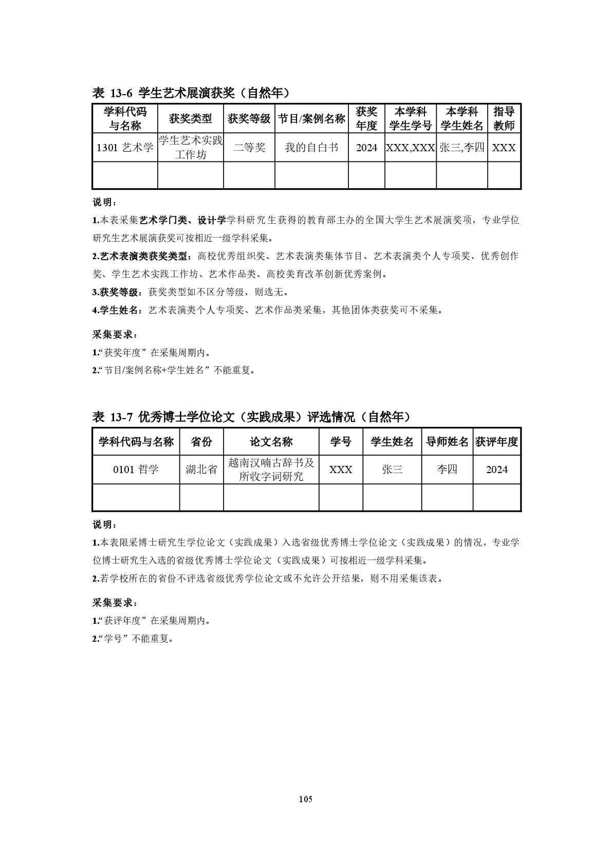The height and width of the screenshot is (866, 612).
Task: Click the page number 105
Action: pyautogui.click(x=306, y=799)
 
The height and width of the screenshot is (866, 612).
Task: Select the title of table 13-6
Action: pyautogui.click(x=191, y=93)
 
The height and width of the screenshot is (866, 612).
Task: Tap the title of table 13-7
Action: pyautogui.click(x=251, y=417)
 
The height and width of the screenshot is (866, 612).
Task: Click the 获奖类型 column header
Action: pyautogui.click(x=190, y=119)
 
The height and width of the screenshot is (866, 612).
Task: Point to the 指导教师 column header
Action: pyautogui.click(x=504, y=119)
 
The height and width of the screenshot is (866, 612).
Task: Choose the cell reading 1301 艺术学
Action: pyautogui.click(x=125, y=148)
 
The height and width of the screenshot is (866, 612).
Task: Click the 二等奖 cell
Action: pyautogui.click(x=249, y=148)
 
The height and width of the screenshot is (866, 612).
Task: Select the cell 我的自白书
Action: pyautogui.click(x=311, y=148)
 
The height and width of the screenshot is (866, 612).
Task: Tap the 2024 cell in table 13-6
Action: pyautogui.click(x=366, y=148)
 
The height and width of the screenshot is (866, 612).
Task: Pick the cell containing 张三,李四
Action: pyautogui.click(x=462, y=148)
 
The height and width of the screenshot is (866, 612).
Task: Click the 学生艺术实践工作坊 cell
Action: pyautogui.click(x=190, y=148)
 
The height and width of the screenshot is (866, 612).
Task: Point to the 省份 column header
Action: pyautogui.click(x=201, y=442)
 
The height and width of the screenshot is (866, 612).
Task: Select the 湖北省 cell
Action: pyautogui.click(x=201, y=470)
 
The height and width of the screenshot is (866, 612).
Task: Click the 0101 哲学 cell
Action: pyautogui.click(x=136, y=470)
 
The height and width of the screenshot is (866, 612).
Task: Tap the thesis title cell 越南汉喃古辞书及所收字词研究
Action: pyautogui.click(x=271, y=470)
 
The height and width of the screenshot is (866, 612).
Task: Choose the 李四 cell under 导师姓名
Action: pyautogui.click(x=447, y=470)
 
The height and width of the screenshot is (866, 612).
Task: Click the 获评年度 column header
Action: pyautogui.click(x=496, y=442)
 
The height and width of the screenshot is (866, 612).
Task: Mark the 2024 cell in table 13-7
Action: pyautogui.click(x=496, y=470)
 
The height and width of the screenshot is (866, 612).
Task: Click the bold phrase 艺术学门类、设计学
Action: pyautogui.click(x=183, y=220)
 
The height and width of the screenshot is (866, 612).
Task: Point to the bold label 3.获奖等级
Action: pyautogui.click(x=116, y=292)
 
